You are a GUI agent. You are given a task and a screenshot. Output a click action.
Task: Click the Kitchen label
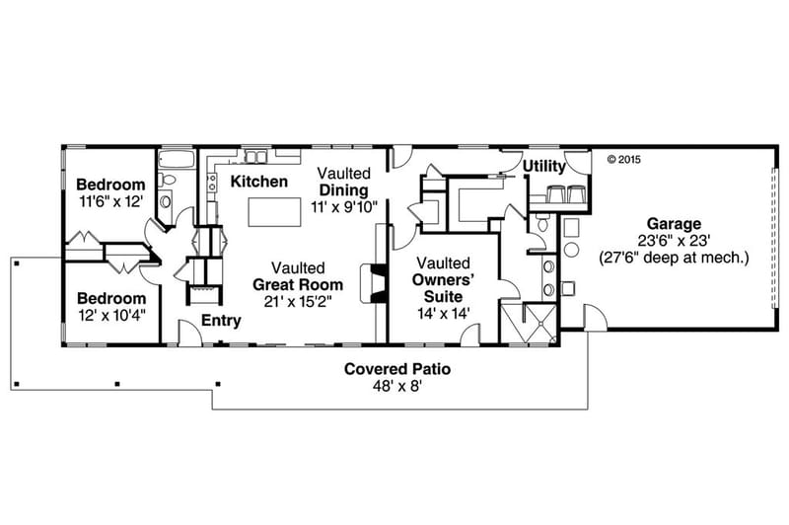[258, 182]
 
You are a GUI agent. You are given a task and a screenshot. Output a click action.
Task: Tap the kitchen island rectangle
[272, 211]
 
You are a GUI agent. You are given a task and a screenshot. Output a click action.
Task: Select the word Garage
[674, 223]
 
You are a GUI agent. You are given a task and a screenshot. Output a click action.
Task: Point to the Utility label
[544, 166]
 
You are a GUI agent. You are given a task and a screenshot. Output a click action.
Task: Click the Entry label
[221, 320]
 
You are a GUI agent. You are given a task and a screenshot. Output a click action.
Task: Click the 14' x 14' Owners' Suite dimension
[438, 312]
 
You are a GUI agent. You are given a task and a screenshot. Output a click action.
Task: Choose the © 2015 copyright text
[623, 158]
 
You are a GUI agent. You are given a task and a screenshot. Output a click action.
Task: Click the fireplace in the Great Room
[370, 281]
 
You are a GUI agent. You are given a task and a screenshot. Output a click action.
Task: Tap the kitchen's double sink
[256, 156]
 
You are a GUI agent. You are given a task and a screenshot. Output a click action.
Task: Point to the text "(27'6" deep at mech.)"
[675, 258]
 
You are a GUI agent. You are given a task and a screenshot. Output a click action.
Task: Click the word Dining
[343, 189]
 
